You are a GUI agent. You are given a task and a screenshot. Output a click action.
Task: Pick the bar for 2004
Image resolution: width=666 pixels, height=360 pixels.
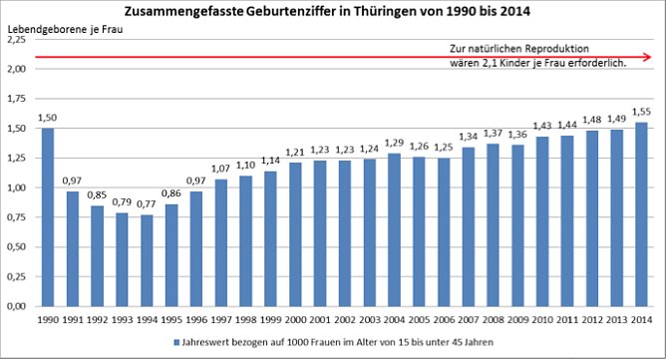coord(393,229)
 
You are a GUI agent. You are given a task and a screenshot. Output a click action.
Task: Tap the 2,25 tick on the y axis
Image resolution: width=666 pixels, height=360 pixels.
coord(17,39)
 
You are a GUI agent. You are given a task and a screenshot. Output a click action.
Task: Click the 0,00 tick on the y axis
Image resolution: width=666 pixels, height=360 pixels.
coord(17,306)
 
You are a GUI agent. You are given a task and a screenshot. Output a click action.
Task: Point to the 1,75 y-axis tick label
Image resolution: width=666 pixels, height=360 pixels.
coord(17,99)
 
